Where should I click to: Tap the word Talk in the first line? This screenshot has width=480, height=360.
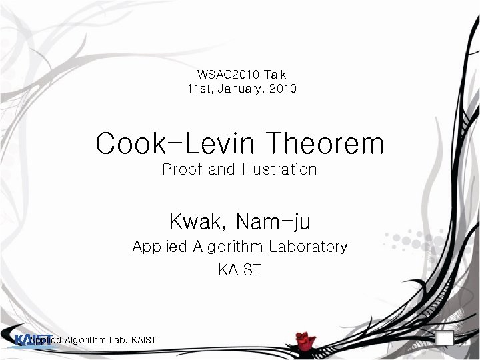[x=275, y=75]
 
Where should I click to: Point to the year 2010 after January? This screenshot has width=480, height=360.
[x=282, y=89]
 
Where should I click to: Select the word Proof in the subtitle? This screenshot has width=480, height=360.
[x=183, y=170]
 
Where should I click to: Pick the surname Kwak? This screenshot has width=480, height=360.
[x=195, y=219]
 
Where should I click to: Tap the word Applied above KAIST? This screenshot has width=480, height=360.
[x=159, y=247]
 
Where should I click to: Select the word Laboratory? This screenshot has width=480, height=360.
[x=307, y=247]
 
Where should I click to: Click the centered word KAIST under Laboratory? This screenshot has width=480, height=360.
[x=239, y=270]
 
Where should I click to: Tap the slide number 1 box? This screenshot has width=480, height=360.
[x=449, y=339]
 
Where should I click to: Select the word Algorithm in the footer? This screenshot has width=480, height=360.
[x=85, y=341]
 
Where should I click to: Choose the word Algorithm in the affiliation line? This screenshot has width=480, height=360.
[x=229, y=247]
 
